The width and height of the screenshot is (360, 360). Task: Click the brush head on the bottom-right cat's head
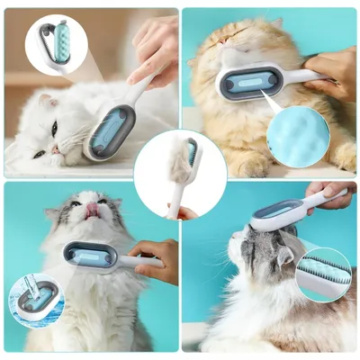click(280, 214)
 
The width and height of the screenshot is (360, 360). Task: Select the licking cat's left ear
click(56, 213)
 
